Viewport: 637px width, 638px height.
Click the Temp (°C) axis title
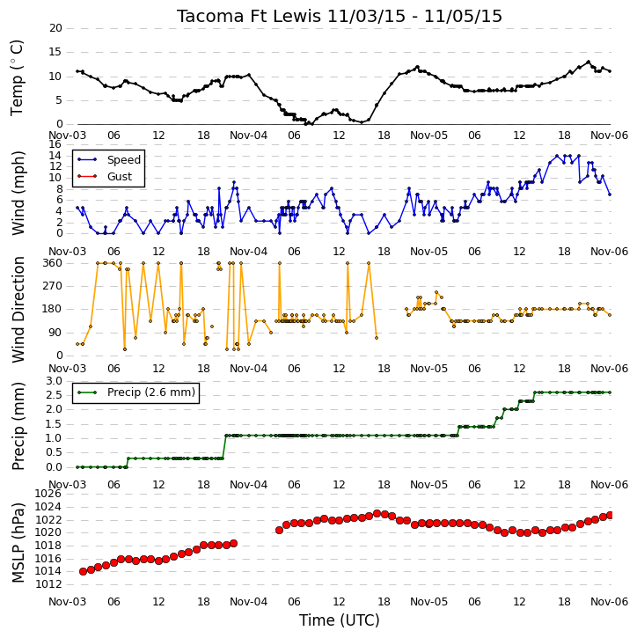[17, 77]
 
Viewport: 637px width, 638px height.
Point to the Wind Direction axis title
[18, 309]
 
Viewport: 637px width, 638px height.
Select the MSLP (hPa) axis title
[18, 543]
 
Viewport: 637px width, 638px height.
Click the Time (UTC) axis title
[340, 620]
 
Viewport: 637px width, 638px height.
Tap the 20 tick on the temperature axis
[55, 28]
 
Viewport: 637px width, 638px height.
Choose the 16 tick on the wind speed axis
[55, 144]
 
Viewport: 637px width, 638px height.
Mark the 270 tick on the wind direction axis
[53, 286]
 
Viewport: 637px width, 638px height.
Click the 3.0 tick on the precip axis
[54, 381]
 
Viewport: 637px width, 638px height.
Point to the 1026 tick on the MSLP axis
[48, 494]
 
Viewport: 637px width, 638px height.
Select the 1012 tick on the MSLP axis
[48, 584]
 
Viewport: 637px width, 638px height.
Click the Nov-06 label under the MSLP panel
[610, 601]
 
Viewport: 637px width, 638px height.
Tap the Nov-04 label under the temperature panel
[248, 136]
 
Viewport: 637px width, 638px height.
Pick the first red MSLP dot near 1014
[83, 571]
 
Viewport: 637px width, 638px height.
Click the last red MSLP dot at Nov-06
[610, 516]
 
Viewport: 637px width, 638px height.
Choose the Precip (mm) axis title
[18, 426]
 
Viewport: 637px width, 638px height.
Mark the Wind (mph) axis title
[18, 193]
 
